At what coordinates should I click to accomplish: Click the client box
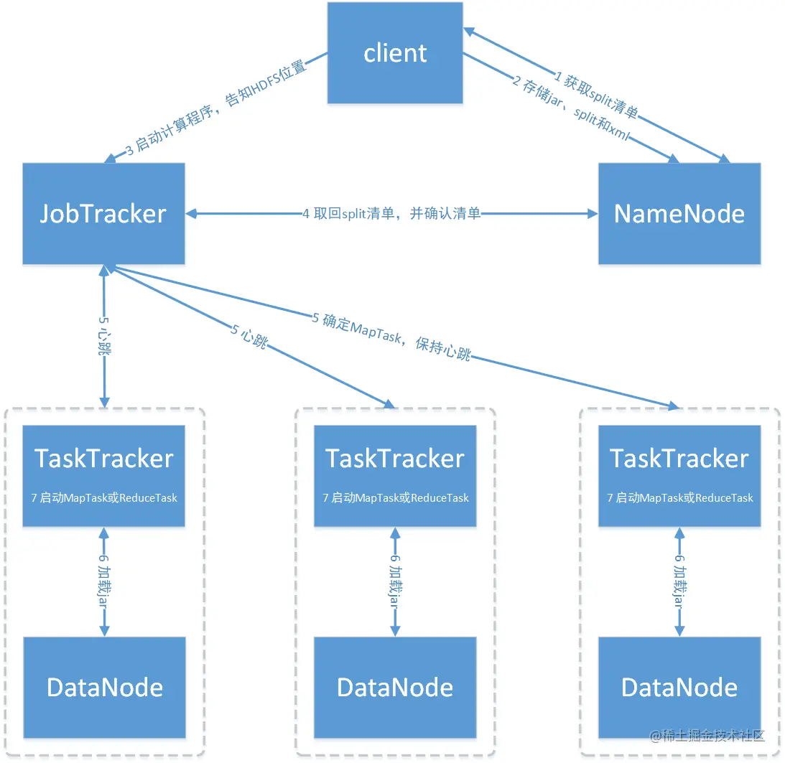395,52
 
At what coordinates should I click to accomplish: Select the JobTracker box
103,213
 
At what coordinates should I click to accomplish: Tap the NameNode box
679,213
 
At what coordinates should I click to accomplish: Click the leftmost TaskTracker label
104,459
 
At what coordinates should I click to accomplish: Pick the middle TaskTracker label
395,459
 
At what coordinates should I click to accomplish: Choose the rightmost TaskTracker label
679,459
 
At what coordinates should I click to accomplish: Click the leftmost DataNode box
104,688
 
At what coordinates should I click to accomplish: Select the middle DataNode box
395,688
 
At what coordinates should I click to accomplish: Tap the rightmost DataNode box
679,688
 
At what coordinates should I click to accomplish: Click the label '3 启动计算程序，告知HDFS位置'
216,108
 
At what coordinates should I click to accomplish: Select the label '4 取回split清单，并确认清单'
391,213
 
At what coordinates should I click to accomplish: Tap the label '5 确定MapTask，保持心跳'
391,336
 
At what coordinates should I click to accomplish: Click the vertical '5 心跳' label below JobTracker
105,336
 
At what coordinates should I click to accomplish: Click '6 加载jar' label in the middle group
395,581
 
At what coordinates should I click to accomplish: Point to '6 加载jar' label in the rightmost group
679,581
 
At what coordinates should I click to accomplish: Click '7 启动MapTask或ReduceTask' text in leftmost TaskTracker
104,497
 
